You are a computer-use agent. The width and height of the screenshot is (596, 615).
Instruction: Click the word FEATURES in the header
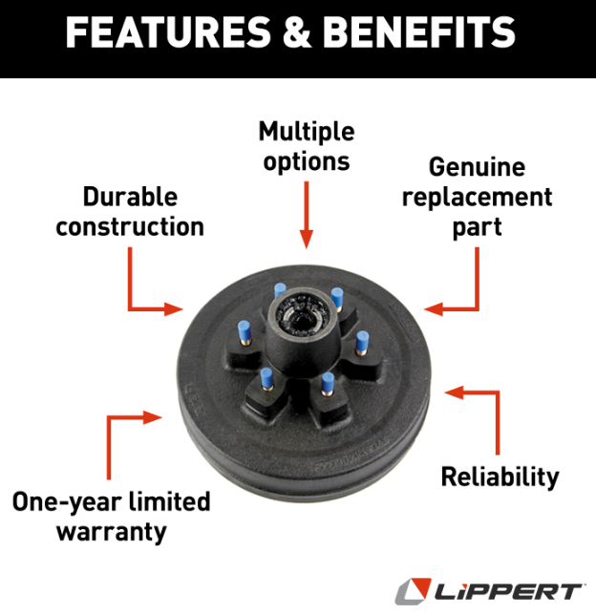click(168, 32)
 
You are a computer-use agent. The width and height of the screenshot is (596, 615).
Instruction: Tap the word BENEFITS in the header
click(418, 32)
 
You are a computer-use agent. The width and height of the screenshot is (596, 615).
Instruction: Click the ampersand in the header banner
click(297, 32)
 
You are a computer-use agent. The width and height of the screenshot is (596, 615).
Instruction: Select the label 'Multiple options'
click(307, 147)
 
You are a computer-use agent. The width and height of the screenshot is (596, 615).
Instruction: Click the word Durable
click(130, 197)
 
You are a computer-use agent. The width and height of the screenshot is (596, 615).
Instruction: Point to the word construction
click(130, 226)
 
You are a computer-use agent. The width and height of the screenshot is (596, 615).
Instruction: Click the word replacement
click(478, 198)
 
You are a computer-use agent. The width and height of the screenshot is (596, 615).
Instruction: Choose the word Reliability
click(500, 477)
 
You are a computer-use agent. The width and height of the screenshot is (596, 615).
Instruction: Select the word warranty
click(112, 533)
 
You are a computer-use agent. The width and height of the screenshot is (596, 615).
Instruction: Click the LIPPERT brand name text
click(508, 591)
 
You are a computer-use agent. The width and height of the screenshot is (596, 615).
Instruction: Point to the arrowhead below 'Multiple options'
click(307, 240)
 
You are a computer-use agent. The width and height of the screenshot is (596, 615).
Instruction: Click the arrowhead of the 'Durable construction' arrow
click(174, 309)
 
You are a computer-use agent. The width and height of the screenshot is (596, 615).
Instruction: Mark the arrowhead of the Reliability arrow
click(454, 392)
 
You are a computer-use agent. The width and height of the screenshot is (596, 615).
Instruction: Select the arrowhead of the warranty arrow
click(153, 417)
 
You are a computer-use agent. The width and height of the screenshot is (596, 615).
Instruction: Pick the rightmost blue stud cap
click(362, 342)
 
